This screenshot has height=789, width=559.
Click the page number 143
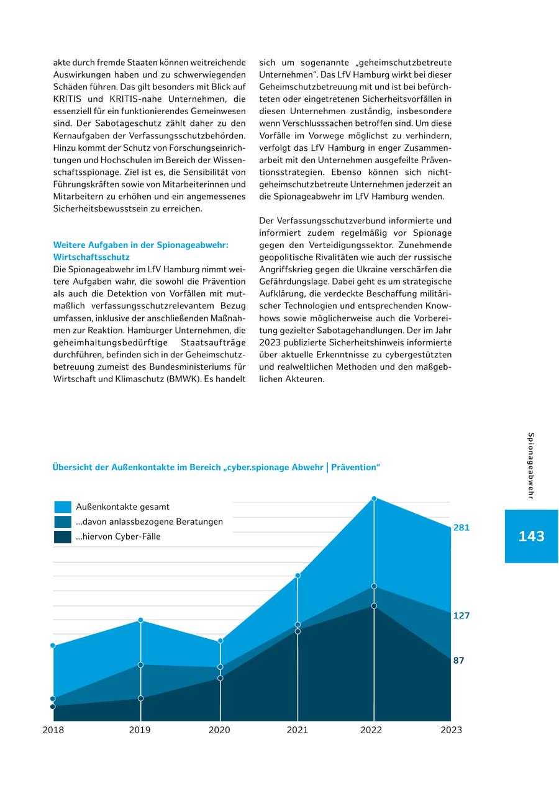(531, 537)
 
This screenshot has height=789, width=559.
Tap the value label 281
(461, 528)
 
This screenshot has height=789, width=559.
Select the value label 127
(461, 616)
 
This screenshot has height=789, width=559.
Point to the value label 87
(459, 661)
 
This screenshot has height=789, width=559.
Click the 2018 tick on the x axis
(53, 730)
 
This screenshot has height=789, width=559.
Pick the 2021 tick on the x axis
(298, 730)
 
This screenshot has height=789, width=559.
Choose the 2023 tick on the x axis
(451, 730)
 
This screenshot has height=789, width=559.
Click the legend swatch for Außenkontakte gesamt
(63, 507)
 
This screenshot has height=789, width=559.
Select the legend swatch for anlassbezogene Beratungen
(63, 522)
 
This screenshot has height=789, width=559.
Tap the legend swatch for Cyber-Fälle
(63, 537)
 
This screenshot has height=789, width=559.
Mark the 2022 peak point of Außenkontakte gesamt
(374, 498)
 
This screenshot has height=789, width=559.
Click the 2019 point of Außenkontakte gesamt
(141, 620)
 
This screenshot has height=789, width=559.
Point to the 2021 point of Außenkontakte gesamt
(298, 576)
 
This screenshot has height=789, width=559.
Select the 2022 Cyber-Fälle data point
(374, 606)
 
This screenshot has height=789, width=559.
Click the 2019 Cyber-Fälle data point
(141, 698)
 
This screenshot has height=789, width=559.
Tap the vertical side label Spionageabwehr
(531, 465)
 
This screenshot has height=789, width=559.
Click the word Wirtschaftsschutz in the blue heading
(91, 257)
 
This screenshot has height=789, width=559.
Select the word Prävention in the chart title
(355, 467)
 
